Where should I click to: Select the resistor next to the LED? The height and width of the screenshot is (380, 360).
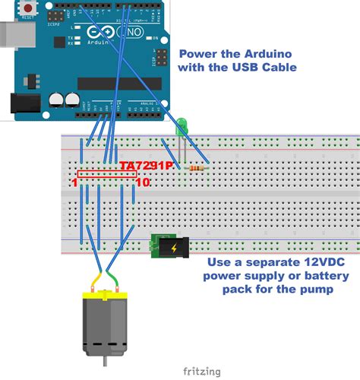[198, 168]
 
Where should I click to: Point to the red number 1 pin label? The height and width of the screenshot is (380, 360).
[74, 183]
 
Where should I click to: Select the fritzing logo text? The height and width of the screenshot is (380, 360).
[201, 371]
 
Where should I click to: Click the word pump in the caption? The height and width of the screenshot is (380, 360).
[308, 290]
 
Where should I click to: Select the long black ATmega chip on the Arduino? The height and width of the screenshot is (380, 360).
[120, 83]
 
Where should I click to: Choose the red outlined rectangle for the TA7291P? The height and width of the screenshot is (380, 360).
[107, 175]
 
